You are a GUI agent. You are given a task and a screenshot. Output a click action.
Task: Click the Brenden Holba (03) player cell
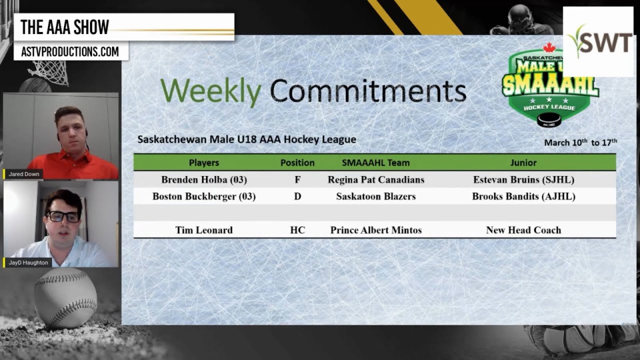pyautogui.click(x=204, y=179)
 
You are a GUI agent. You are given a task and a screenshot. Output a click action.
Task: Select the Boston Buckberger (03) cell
pyautogui.click(x=204, y=196)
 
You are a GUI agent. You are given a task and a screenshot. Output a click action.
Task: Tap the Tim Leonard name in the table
pyautogui.click(x=204, y=230)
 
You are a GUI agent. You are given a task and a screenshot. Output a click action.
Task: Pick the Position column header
pyautogui.click(x=297, y=162)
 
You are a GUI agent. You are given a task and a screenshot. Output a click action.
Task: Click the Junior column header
pyautogui.click(x=523, y=162)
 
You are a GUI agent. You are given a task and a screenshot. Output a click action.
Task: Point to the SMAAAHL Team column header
pyautogui.click(x=375, y=162)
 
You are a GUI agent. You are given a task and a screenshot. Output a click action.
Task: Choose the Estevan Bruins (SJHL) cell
pyautogui.click(x=523, y=179)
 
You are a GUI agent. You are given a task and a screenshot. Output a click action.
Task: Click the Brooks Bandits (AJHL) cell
pyautogui.click(x=523, y=196)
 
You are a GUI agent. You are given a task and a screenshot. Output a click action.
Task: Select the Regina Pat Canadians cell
pyautogui.click(x=376, y=179)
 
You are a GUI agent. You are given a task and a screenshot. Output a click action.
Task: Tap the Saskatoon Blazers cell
pyautogui.click(x=376, y=196)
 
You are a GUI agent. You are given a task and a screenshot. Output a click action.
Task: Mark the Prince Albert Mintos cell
pyautogui.click(x=376, y=230)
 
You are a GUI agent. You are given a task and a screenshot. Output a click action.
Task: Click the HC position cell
pyautogui.click(x=297, y=230)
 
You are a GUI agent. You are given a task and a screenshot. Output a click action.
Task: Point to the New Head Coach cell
pyautogui.click(x=523, y=230)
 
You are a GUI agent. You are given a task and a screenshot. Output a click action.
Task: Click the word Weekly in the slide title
pyautogui.click(x=210, y=91)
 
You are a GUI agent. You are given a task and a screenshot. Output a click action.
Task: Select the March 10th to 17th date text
pyautogui.click(x=580, y=142)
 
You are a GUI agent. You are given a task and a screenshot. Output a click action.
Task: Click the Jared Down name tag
pyautogui.click(x=23, y=174)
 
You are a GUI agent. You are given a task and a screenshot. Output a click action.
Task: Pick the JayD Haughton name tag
pyautogui.click(x=29, y=262)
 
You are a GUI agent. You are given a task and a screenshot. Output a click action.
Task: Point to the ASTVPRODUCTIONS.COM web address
pyautogui.click(x=70, y=51)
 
